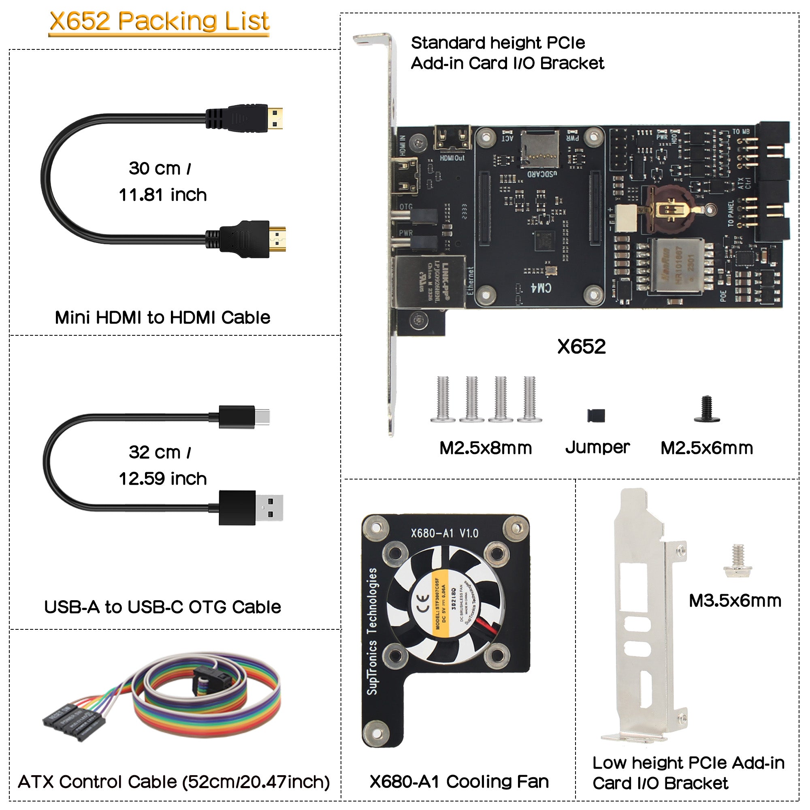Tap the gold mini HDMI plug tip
pos(275,119)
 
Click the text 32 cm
pos(155,452)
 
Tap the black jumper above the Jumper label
pos(596,415)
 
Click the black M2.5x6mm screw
pos(707,409)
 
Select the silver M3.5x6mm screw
pos(738,561)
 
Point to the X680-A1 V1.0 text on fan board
pos(444,533)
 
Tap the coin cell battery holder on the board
pos(671,210)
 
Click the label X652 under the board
pos(581,347)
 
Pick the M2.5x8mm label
pos(486,448)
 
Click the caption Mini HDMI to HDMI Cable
pos(163,318)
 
